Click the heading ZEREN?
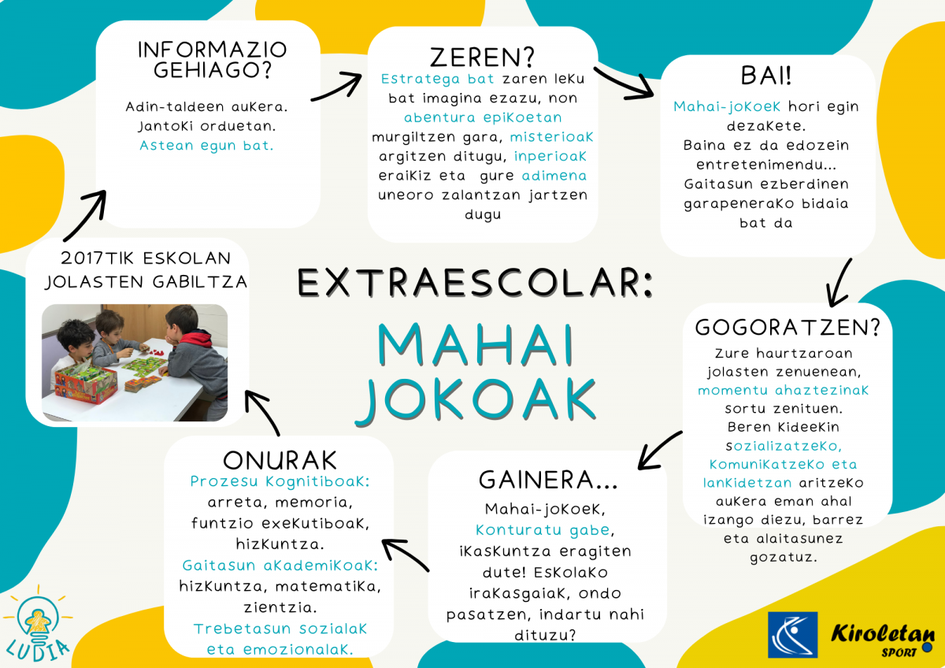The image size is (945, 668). tap(482, 57)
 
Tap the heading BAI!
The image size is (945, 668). tap(765, 76)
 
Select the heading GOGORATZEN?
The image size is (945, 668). tap(788, 328)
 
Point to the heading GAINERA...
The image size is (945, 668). tap(547, 481)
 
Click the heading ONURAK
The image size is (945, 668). tap(280, 460)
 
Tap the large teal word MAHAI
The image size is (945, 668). tap(476, 345)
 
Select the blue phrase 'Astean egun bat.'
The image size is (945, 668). tap(206, 146)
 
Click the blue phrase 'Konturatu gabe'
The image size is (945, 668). tap(543, 530)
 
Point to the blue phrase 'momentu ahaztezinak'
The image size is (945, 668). tap(784, 390)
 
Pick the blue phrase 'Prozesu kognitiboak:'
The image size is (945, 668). tap(280, 481)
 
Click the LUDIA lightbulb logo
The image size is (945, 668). tap(38, 625)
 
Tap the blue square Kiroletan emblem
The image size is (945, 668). tap(793, 635)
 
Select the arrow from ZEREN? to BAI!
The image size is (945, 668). tap(624, 85)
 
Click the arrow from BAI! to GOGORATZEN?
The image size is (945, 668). tap(838, 283)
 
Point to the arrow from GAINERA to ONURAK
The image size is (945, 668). tap(405, 554)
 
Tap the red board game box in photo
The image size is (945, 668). tap(86, 384)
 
